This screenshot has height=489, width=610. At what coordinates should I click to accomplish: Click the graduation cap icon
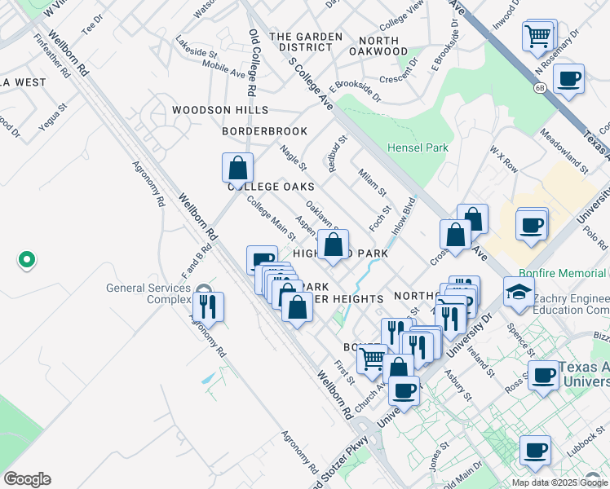[519, 291]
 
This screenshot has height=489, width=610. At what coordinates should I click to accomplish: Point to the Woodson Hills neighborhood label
[219, 110]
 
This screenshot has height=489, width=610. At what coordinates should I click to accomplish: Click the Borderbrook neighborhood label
[265, 131]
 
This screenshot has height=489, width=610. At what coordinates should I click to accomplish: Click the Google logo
[27, 479]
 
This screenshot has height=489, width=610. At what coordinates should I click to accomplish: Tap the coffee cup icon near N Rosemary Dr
[568, 79]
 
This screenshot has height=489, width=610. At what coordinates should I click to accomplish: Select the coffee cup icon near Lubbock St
[535, 449]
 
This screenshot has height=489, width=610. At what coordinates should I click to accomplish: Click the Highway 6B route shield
[540, 87]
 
